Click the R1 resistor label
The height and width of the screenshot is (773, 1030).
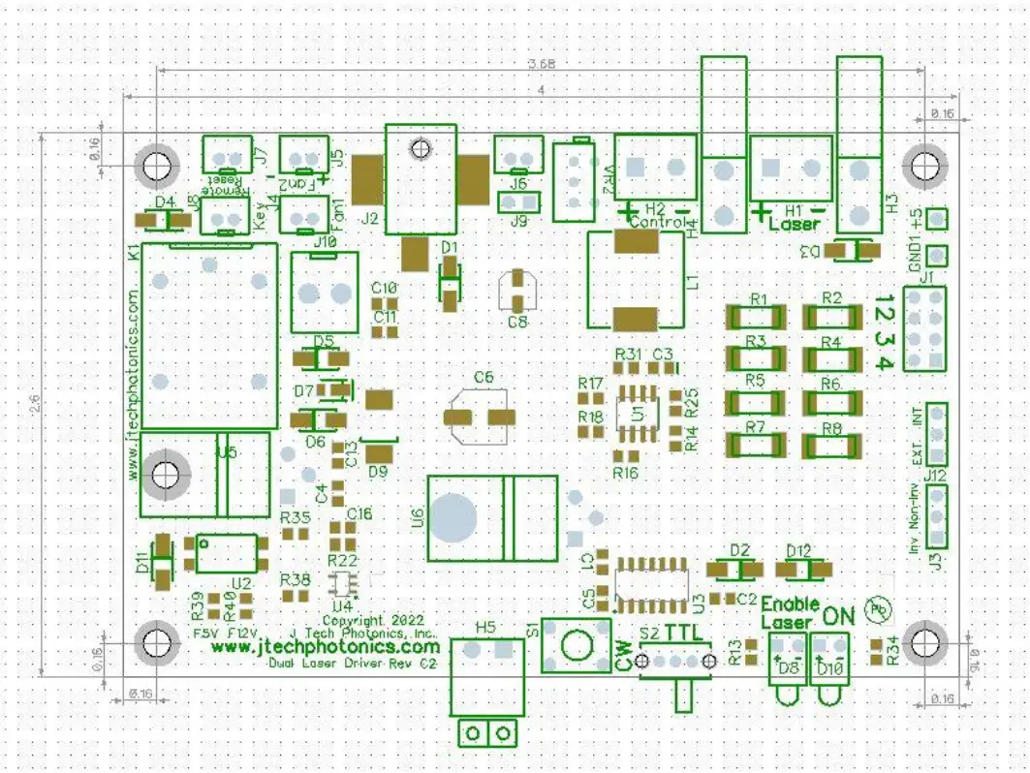(x=759, y=298)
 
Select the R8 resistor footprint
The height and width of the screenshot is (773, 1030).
(x=830, y=446)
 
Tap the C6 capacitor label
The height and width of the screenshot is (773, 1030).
(x=484, y=377)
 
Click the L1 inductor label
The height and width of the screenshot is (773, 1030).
(x=693, y=281)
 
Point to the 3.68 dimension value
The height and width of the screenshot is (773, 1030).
(x=541, y=65)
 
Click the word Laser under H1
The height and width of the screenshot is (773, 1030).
(x=794, y=225)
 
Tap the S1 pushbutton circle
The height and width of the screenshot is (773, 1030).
(x=576, y=643)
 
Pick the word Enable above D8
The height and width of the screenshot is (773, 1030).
(x=796, y=603)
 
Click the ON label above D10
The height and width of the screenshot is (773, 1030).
(x=839, y=614)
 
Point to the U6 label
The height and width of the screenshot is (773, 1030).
(x=418, y=518)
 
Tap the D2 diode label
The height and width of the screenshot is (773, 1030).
(x=739, y=550)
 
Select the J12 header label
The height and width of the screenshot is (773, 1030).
(x=935, y=476)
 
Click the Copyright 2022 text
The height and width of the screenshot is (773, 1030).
(x=367, y=618)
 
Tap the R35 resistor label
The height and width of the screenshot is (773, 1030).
(x=295, y=518)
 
